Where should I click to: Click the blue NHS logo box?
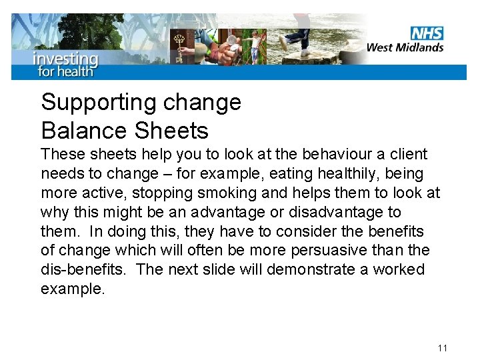click(427, 33)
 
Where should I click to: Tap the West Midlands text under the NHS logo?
click(405, 47)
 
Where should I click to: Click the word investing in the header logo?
click(65, 59)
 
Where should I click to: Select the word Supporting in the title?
click(98, 103)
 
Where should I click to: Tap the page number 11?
click(443, 348)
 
